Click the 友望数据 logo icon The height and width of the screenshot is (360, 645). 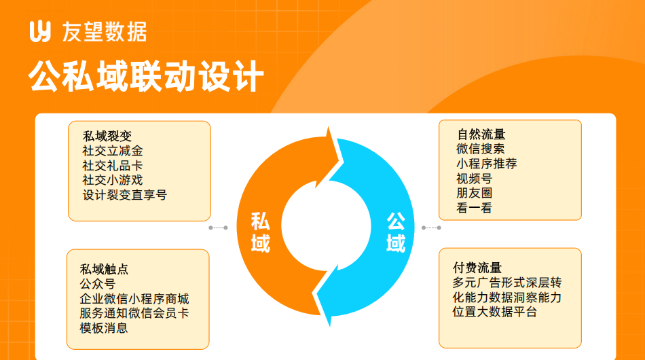pos(40,31)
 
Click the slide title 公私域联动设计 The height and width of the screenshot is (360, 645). pos(146,76)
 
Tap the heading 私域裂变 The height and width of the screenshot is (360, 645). pos(107,136)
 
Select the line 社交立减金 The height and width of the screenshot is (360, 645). pos(113,151)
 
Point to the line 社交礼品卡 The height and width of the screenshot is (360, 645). pos(113,165)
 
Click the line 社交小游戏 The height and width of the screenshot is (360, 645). pos(113,180)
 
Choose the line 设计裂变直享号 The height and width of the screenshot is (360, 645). pos(125,195)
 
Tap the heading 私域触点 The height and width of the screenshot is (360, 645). pos(104,269)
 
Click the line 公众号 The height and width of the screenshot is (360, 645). pos(98,284)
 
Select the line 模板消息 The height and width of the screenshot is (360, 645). pos(104,328)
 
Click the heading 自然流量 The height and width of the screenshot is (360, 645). pos(481,134)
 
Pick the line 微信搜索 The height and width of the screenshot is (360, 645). pos(481,149)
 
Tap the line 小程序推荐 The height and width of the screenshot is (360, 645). pos(487,164)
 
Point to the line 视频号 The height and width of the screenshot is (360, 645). pos(475,179)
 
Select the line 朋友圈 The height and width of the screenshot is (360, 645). pos(475,193)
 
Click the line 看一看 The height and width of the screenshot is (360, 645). pos(475,208)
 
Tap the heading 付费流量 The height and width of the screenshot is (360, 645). pos(477,268)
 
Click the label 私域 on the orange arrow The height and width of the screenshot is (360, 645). pos(261,232)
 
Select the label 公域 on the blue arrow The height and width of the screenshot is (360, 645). pos(396,232)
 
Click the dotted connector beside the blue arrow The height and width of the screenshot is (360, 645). pos(432,228)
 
